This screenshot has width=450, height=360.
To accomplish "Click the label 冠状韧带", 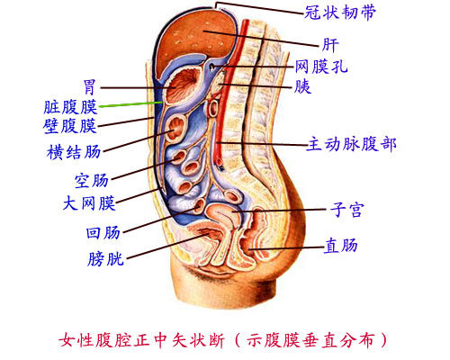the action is (x=340, y=13).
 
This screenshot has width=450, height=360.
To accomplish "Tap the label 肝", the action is (x=330, y=45).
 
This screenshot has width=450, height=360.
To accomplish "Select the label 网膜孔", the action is (x=321, y=67).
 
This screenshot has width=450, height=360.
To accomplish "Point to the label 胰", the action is (x=302, y=86).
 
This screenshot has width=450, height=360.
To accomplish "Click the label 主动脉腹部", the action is (x=351, y=144).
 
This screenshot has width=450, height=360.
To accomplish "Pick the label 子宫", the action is (x=347, y=210).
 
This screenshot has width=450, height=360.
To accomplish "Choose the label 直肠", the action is (x=341, y=246).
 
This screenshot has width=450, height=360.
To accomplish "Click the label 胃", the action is (x=89, y=87).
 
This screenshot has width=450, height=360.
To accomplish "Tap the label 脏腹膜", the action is (x=70, y=107).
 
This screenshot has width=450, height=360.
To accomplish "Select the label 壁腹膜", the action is (x=70, y=126).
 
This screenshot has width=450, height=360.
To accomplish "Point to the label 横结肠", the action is (x=74, y=152).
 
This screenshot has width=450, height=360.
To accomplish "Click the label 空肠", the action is (x=92, y=181).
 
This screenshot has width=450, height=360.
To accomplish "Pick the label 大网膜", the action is (x=89, y=203).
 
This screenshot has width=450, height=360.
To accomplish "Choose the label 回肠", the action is (x=103, y=232).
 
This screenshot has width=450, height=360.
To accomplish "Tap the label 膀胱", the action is (x=105, y=258).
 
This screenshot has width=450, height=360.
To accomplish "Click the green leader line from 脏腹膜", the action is (x=131, y=104).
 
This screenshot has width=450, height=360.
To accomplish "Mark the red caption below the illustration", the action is (x=223, y=340).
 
